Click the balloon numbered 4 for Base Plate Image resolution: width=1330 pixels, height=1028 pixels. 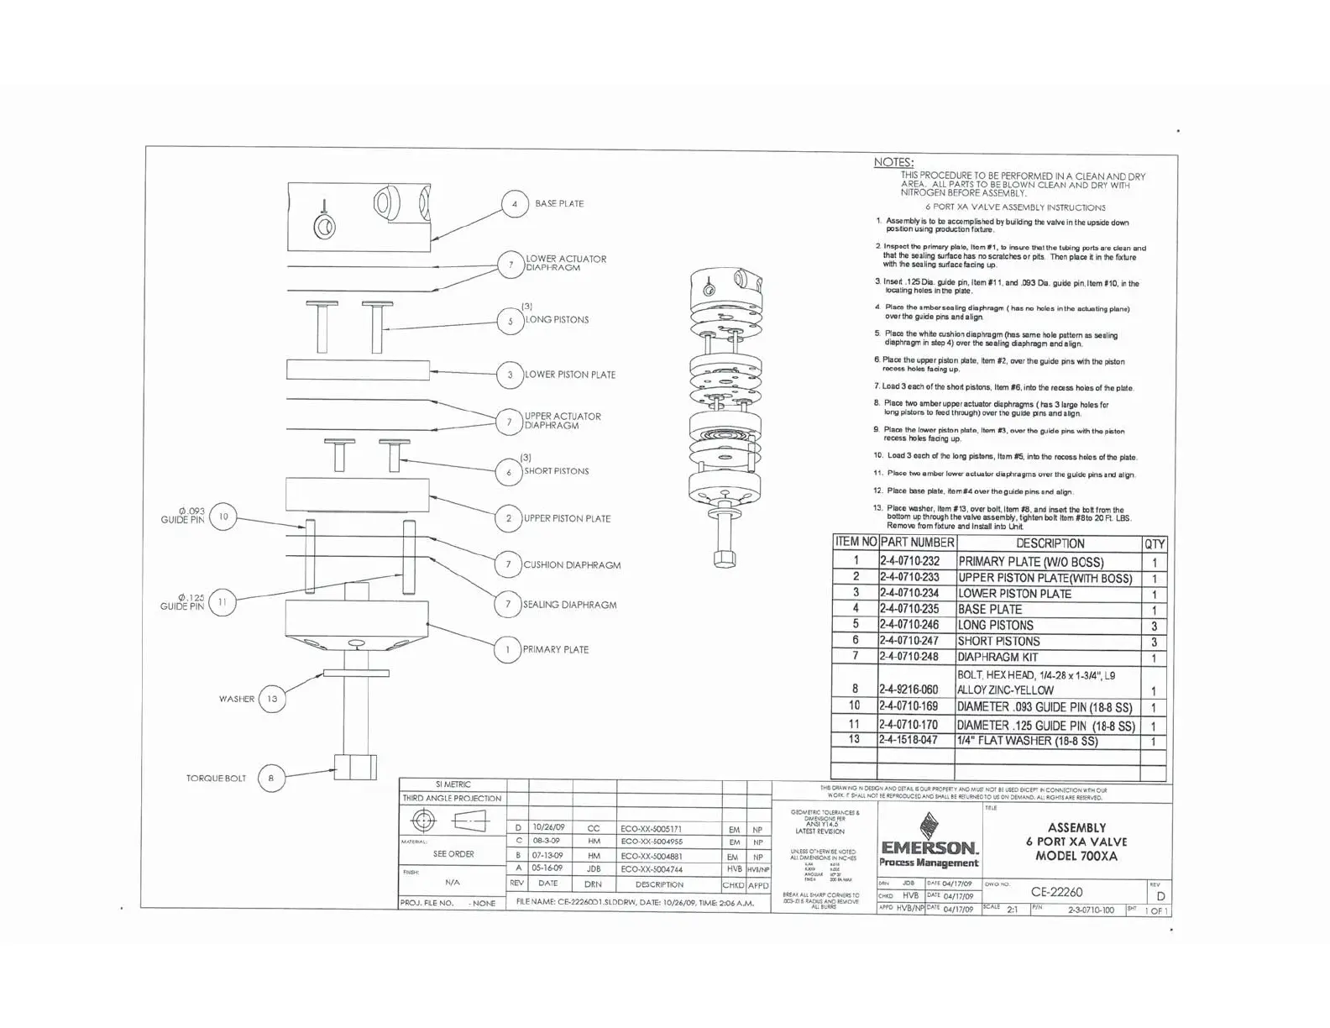[x=515, y=204]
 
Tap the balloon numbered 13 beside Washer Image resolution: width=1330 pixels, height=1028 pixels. [x=272, y=699]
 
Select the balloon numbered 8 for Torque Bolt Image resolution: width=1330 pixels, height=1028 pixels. [x=271, y=779]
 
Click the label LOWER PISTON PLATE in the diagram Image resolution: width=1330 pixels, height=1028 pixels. [x=570, y=375]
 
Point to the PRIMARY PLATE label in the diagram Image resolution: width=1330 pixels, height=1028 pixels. [x=556, y=649]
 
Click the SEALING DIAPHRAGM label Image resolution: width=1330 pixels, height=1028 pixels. [x=570, y=605]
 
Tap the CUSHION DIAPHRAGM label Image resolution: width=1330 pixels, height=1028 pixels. [x=572, y=565]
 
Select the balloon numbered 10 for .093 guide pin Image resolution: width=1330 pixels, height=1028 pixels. [x=223, y=517]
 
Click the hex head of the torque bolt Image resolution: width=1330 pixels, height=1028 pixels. [x=355, y=767]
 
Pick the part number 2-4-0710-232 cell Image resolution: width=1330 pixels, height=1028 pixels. [x=909, y=561]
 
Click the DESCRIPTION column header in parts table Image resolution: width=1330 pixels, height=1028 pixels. [x=1050, y=543]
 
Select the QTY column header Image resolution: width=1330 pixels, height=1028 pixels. [x=1155, y=543]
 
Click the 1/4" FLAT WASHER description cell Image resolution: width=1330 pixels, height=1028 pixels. [x=1028, y=741]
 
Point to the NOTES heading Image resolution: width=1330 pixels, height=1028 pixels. [x=893, y=162]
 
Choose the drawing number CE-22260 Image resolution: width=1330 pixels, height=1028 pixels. [x=1056, y=892]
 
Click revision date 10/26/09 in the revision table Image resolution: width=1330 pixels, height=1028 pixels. [x=548, y=827]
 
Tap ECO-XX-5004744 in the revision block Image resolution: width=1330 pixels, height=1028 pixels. [x=652, y=869]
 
